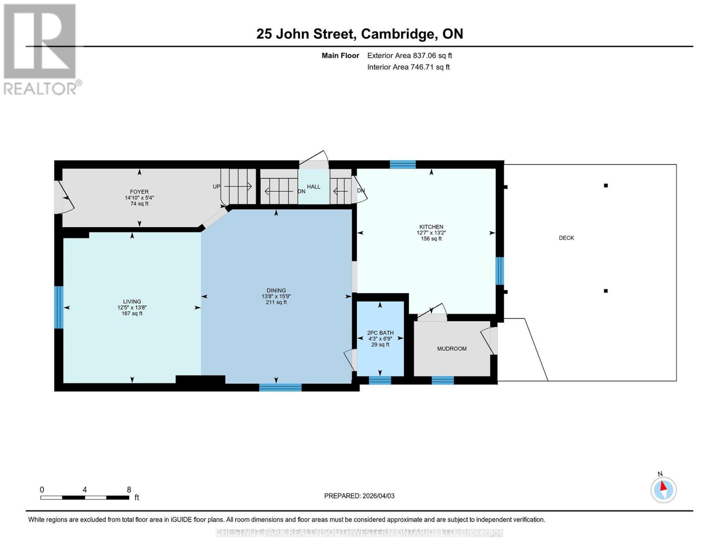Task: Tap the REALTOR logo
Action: pyautogui.click(x=41, y=49)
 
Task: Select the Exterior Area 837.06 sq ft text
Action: pyautogui.click(x=409, y=56)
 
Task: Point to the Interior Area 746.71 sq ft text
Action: pyautogui.click(x=408, y=67)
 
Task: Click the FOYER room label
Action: pyautogui.click(x=139, y=192)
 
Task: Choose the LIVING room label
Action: pyautogui.click(x=132, y=302)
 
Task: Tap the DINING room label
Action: pyautogui.click(x=276, y=291)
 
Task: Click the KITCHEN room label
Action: pyautogui.click(x=431, y=227)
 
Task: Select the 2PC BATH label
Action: pyautogui.click(x=380, y=333)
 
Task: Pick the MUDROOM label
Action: pyautogui.click(x=451, y=349)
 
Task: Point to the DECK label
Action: pyautogui.click(x=566, y=238)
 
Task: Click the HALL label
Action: pyautogui.click(x=313, y=187)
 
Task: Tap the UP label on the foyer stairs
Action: pyautogui.click(x=216, y=187)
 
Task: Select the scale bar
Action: pyautogui.click(x=85, y=498)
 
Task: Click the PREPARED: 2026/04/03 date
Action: pyautogui.click(x=359, y=496)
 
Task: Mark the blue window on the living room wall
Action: pyautogui.click(x=59, y=307)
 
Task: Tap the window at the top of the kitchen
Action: pyautogui.click(x=402, y=164)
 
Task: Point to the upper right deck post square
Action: pyautogui.click(x=606, y=186)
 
